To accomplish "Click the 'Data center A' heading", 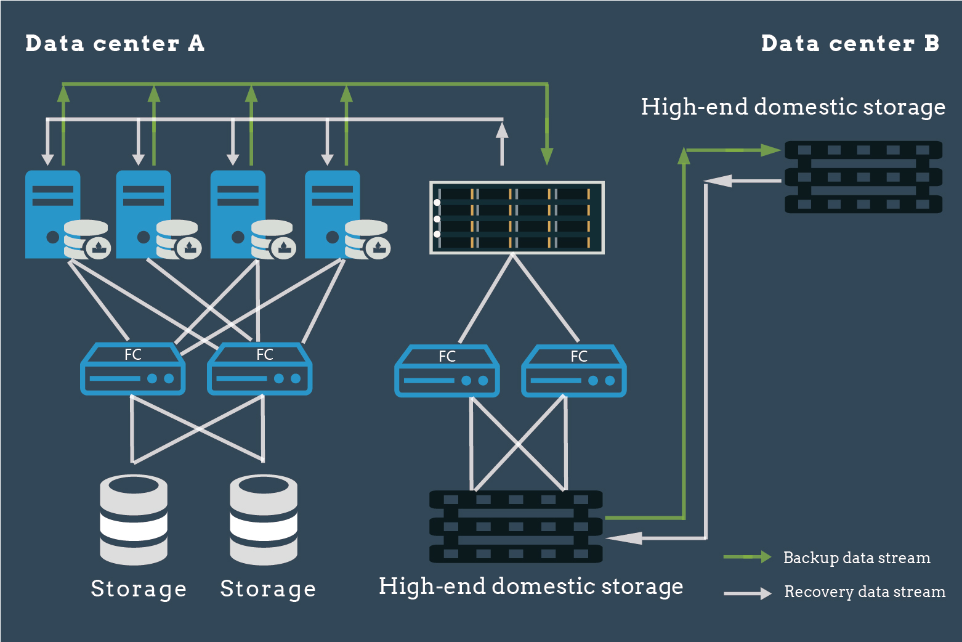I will [115, 44].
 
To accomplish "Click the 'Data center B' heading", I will [850, 44].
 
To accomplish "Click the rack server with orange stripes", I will [517, 217].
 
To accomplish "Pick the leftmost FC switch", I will [132, 369].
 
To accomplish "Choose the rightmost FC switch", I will [573, 371].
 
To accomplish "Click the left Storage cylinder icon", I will [134, 519].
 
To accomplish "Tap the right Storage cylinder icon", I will [264, 519].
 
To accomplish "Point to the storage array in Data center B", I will [863, 177].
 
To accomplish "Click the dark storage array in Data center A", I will [516, 526].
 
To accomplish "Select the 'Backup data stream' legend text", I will [856, 558].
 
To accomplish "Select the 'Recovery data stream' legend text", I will [864, 592].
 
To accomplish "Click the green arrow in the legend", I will [747, 557].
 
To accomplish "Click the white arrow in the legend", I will [747, 593].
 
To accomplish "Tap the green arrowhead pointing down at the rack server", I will [546, 156].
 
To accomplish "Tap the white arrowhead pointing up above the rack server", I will [502, 130].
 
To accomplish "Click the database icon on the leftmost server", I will [86, 240].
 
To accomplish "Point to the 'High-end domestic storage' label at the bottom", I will [530, 586].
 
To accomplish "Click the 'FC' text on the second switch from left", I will [264, 355].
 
